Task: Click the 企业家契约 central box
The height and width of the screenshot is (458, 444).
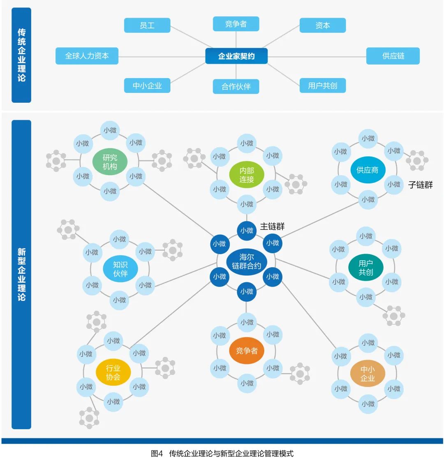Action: click(236, 56)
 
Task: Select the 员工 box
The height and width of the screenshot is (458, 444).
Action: click(147, 25)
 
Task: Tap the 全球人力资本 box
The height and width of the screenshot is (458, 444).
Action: click(87, 56)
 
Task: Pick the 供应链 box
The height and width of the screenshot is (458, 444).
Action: click(393, 56)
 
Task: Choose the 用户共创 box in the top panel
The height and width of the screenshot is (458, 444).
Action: click(322, 86)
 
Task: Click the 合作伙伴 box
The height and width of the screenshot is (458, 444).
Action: click(236, 86)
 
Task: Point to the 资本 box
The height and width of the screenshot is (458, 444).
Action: click(322, 25)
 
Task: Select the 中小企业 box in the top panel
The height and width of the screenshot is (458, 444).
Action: click(147, 86)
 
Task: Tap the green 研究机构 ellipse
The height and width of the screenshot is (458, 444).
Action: click(110, 162)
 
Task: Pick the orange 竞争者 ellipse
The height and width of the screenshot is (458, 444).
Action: click(247, 351)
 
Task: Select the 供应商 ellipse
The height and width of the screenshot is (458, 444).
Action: click(367, 169)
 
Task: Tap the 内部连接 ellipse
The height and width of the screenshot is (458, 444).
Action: click(247, 174)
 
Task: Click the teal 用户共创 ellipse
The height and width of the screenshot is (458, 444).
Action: click(365, 268)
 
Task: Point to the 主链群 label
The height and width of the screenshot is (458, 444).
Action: click(272, 226)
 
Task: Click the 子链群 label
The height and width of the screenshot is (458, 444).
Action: click(420, 185)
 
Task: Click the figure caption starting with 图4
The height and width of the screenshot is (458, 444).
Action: click(222, 453)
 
